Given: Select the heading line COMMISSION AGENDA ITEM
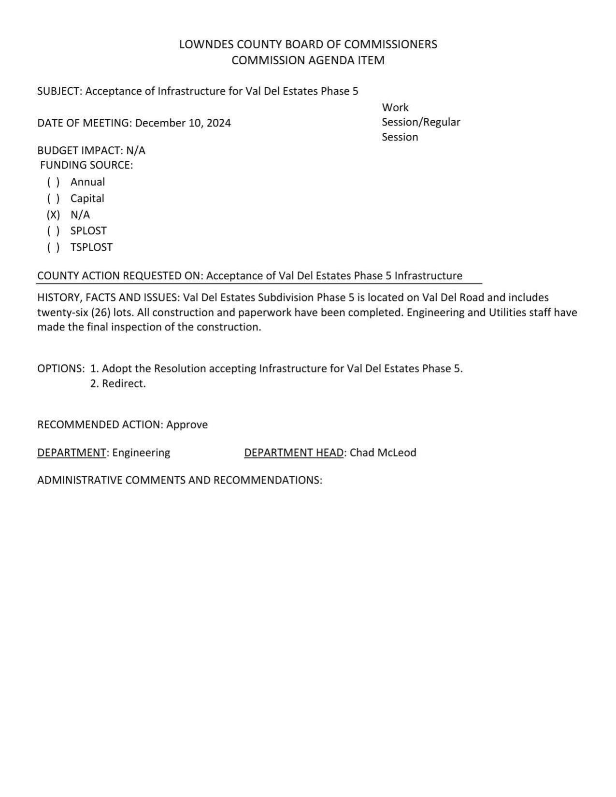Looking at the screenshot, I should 308,60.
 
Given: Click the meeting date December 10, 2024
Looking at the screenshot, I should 183,123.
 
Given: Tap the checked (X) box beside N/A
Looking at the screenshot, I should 53,215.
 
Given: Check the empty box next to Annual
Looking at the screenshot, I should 53,182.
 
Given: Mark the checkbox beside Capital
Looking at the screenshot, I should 53,199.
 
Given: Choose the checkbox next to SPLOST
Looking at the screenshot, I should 53,231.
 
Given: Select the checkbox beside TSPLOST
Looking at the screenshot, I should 53,247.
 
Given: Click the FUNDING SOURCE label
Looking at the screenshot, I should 86,165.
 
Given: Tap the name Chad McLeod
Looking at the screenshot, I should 383,453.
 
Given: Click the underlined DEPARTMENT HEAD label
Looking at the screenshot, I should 294,453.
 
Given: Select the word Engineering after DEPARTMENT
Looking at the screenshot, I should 141,453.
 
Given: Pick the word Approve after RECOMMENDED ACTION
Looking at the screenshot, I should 187,425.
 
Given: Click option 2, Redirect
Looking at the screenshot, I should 118,384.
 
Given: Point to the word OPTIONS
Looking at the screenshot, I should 60,369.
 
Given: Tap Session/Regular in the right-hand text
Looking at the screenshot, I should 421,122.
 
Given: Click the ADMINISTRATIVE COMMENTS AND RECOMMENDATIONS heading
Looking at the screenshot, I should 179,480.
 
